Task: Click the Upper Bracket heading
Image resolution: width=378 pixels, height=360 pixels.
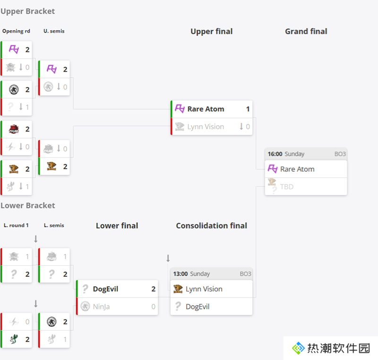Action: coord(28,11)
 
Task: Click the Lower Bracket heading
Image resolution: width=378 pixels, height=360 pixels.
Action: coord(28,206)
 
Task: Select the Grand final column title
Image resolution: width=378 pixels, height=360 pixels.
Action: coord(306,31)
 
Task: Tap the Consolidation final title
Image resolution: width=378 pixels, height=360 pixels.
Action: coord(211,226)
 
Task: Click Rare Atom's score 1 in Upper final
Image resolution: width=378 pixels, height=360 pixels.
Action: coord(248,109)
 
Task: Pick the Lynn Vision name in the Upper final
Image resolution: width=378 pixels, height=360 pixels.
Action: coord(206,127)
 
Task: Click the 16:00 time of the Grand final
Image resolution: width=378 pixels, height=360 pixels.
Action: coord(275,154)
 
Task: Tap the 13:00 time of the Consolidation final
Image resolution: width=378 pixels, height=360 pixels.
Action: coord(180,274)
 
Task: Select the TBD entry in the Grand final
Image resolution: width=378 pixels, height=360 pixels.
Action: coord(287,187)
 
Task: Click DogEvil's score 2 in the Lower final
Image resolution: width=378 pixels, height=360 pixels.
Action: coord(153,289)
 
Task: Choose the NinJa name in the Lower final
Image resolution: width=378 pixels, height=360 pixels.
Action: coord(101,307)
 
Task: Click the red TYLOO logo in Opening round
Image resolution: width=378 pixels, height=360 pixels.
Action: coord(14,129)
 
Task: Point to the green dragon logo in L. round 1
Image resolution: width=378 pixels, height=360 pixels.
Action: coord(14,339)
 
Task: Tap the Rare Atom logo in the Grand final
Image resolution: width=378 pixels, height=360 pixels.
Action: coord(273,169)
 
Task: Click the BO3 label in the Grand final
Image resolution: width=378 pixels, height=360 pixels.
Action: coord(340,154)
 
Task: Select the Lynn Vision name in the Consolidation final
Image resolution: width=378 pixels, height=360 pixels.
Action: coord(204,289)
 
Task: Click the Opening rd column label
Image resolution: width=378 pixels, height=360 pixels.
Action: coord(16,31)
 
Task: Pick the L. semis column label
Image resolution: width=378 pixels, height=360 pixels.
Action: coord(54,225)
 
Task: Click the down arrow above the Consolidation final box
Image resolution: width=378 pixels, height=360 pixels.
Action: coord(168,258)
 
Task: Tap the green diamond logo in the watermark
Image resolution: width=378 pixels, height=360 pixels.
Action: coord(298,348)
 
